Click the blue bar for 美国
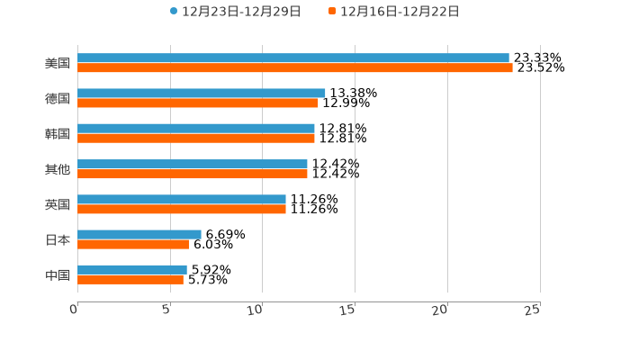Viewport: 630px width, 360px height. [x=292, y=58]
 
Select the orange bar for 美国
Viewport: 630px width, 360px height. [x=294, y=67]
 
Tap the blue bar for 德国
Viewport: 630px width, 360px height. [x=201, y=93]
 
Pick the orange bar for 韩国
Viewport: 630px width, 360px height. [x=195, y=139]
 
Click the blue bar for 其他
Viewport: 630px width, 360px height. [x=192, y=164]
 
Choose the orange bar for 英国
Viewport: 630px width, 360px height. [x=181, y=209]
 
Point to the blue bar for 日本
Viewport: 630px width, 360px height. [x=139, y=234]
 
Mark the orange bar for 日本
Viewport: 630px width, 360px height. [x=132, y=244]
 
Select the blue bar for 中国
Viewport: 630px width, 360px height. [x=131, y=269]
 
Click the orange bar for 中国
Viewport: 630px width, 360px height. [x=130, y=279]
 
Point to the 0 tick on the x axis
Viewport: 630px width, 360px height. [x=75, y=310]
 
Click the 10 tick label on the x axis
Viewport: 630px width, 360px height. [x=256, y=310]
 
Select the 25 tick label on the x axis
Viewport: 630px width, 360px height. [x=533, y=310]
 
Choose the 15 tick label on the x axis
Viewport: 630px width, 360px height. [x=349, y=310]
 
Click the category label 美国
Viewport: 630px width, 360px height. [x=57, y=64]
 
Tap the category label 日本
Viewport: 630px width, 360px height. [x=57, y=240]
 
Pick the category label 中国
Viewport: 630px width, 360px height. [x=57, y=275]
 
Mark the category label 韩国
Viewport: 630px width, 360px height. [x=57, y=134]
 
